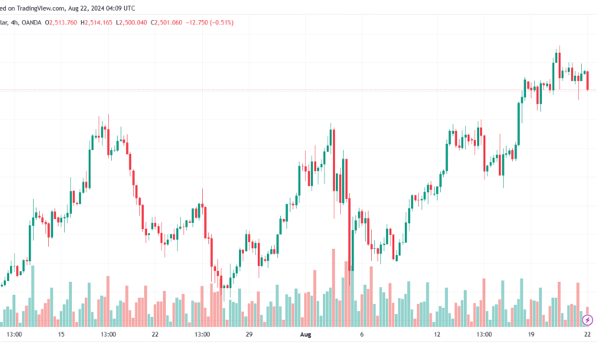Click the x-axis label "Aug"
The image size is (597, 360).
coord(305,335)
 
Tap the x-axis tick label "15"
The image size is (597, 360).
coord(61,335)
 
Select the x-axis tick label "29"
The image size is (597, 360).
coord(249,335)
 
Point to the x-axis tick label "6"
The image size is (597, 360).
coord(362,335)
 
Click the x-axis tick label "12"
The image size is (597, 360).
coord(437,335)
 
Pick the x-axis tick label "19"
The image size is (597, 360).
coord(530,335)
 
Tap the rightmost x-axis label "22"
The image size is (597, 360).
coord(588,335)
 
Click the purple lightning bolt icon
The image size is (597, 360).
coord(588,320)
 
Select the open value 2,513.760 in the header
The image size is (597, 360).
coord(63,22)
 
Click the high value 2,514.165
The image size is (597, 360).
coord(98,22)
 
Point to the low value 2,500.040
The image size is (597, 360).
coord(133,22)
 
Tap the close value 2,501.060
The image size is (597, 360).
coord(168,22)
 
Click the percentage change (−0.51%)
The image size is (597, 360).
coord(221,22)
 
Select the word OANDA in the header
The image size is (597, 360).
coord(31,22)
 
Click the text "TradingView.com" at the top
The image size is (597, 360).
coord(41,8)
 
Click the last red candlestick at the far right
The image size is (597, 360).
coord(588,80)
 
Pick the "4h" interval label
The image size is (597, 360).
coord(15,22)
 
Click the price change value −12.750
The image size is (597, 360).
coord(197,22)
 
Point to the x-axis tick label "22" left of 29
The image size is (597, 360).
coord(155,335)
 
